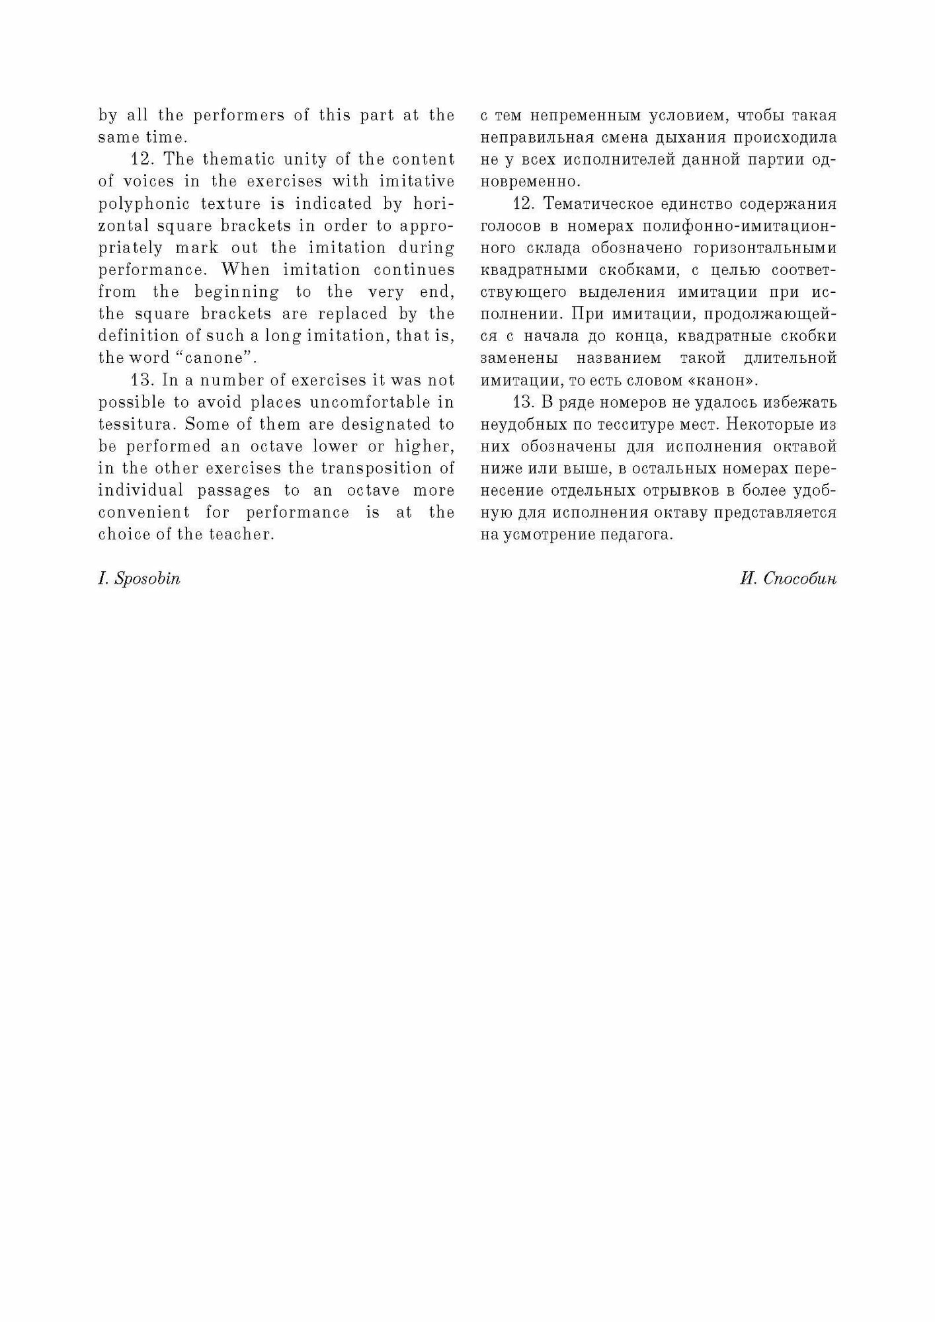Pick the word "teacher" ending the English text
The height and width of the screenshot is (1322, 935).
(x=243, y=535)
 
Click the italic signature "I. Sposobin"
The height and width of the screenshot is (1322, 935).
(x=139, y=579)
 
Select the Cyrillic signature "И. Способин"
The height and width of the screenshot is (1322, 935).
(x=788, y=579)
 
